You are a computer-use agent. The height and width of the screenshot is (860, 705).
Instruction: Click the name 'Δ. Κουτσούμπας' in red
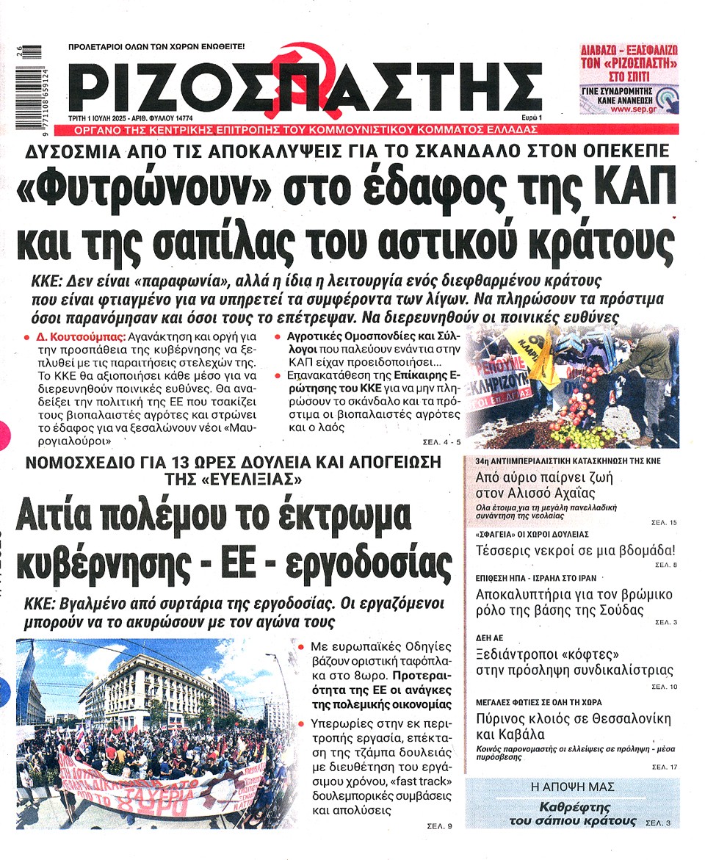pyautogui.click(x=74, y=336)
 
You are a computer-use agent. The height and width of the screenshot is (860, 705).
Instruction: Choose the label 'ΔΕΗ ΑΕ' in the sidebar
pyautogui.click(x=490, y=638)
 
